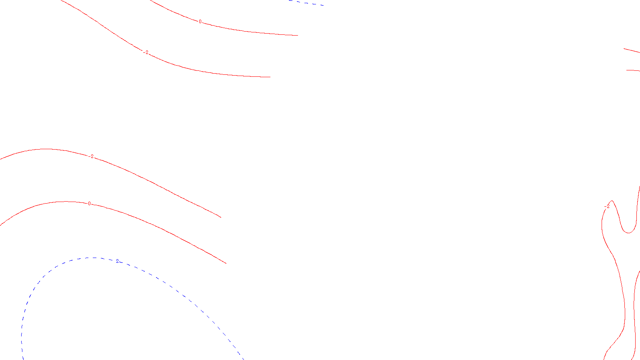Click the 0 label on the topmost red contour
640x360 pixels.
pyautogui.click(x=200, y=22)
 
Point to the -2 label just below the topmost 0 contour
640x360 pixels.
pyautogui.click(x=146, y=52)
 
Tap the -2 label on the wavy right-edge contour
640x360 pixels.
pyautogui.click(x=607, y=206)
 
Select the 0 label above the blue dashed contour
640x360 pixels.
pyautogui.click(x=89, y=204)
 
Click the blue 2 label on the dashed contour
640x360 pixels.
pyautogui.click(x=117, y=261)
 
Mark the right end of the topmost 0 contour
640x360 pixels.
pyautogui.click(x=298, y=36)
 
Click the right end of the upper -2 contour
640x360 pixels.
pyautogui.click(x=270, y=77)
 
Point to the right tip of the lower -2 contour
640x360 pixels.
pyautogui.click(x=221, y=217)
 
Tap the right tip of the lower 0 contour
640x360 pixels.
pyautogui.click(x=226, y=263)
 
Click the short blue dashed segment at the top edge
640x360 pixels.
pyautogui.click(x=306, y=2)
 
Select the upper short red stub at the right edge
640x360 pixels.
pyautogui.click(x=632, y=50)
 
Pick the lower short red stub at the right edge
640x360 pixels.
pyautogui.click(x=633, y=70)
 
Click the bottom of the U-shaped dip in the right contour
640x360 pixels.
pyautogui.click(x=628, y=233)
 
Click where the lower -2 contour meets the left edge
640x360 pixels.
pyautogui.click(x=1, y=159)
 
